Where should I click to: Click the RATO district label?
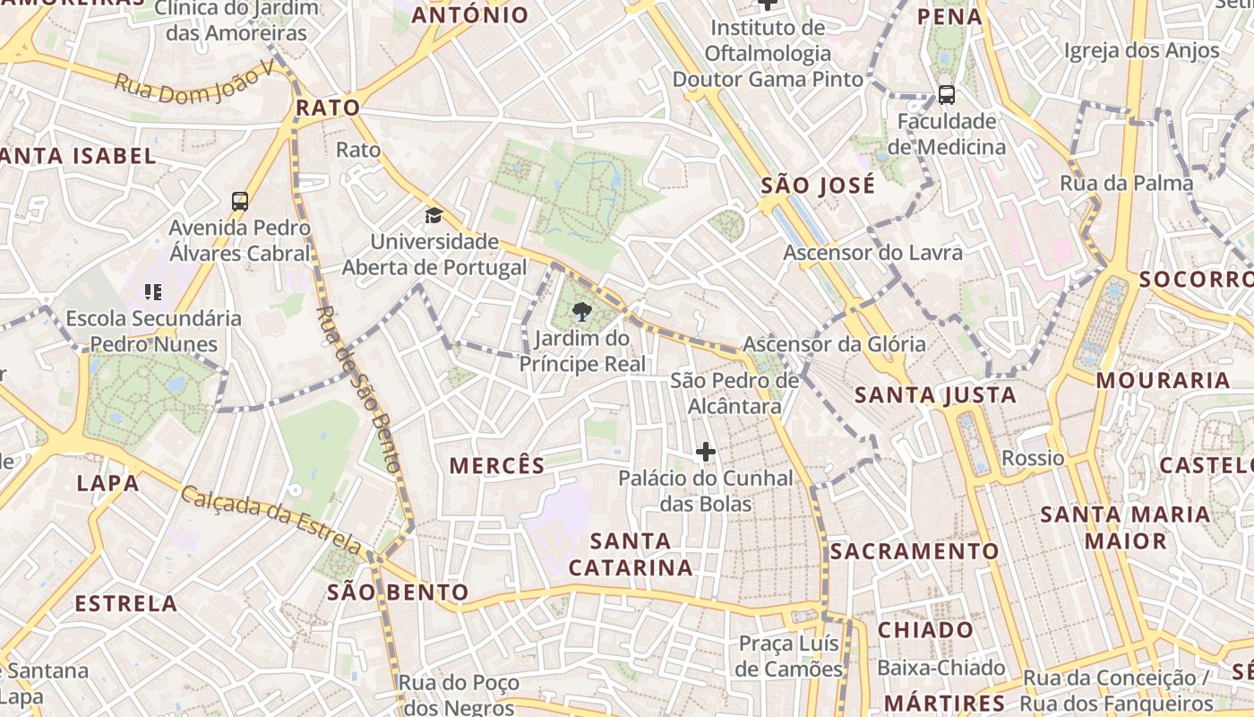(x=328, y=108)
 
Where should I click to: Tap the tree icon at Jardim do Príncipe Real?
(x=582, y=312)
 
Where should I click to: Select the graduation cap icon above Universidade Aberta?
(x=434, y=215)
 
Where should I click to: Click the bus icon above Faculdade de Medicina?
(x=946, y=94)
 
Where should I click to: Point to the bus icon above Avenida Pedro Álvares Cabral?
(x=240, y=201)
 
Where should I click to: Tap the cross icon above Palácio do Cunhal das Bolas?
(x=706, y=452)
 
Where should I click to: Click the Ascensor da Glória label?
(x=834, y=344)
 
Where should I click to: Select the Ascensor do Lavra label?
(x=872, y=253)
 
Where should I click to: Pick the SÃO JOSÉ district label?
(x=818, y=186)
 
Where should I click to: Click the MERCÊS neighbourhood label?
(x=497, y=466)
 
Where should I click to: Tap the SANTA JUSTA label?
(x=935, y=395)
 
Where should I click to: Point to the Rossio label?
(x=1033, y=459)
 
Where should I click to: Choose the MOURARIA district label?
(x=1163, y=380)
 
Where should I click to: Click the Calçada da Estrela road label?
(x=271, y=520)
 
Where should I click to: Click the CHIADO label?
(x=925, y=630)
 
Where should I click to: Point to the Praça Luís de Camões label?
(x=789, y=656)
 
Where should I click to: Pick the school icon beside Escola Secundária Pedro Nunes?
(x=152, y=291)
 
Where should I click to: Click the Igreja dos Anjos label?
(x=1141, y=51)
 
